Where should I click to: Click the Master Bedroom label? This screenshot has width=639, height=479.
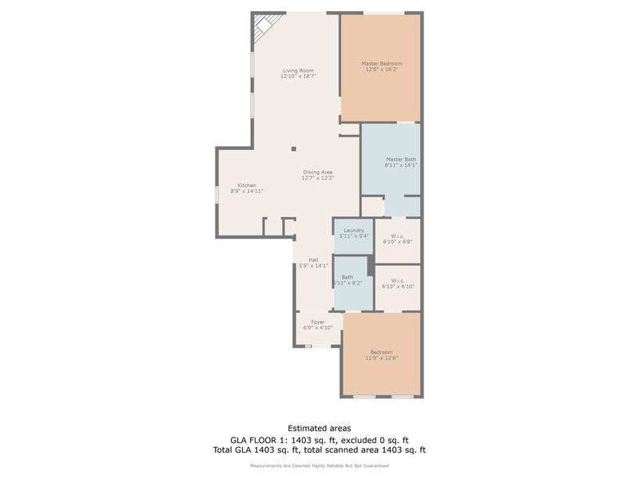381,63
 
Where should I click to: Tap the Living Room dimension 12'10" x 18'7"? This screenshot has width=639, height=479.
298,77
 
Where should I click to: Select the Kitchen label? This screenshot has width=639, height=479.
247,185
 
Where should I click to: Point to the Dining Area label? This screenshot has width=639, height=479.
317,172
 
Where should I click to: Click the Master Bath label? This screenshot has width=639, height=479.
400,159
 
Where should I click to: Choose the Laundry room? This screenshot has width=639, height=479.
353,234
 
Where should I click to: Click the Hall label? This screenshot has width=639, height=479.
313,259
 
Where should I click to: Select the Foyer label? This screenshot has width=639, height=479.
318,322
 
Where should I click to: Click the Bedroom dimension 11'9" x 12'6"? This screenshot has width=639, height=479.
381,358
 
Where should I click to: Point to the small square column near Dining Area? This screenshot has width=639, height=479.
293,148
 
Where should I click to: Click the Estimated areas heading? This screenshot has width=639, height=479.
319,429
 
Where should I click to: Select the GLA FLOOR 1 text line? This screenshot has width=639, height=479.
319,440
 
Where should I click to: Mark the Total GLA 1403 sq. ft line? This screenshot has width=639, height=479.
319,451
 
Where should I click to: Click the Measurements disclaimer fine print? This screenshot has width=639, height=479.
319,465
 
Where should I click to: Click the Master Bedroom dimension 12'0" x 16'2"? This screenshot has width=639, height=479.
381,69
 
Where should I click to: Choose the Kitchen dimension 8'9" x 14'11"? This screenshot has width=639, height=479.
247,192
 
